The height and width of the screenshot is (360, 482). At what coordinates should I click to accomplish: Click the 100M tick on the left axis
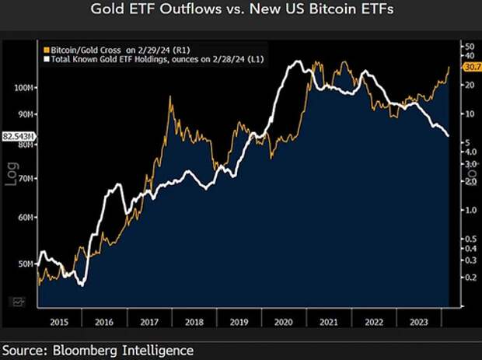coord(25,89)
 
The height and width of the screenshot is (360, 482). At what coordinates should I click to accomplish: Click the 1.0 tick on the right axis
coord(466,210)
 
